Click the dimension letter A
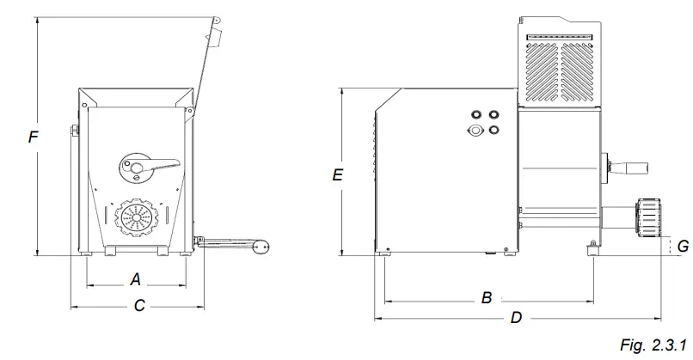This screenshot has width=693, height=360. click(135, 278)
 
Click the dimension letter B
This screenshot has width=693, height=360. click(487, 298)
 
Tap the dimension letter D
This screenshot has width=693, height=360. click(516, 318)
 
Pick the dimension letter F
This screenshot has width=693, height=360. click(33, 137)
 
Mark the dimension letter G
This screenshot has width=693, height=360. click(682, 247)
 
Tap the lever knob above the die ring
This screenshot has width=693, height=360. click(134, 163)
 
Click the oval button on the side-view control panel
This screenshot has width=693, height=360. click(474, 131)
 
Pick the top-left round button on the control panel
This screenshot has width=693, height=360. click(474, 113)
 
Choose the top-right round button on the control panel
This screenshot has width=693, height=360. click(494, 113)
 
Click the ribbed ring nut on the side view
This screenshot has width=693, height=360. click(649, 216)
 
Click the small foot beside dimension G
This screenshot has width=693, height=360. click(592, 247)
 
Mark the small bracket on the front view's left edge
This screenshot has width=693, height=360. click(75, 131)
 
